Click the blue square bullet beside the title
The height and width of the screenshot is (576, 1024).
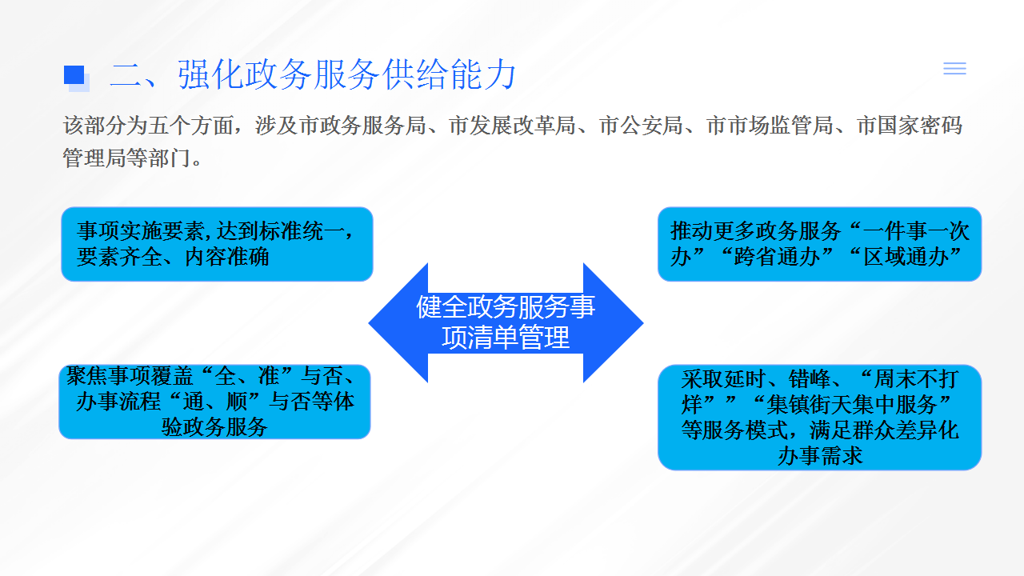pyautogui.click(x=74, y=75)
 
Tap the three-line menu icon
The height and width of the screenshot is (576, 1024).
pyautogui.click(x=954, y=69)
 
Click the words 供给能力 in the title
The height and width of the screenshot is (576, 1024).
pyautogui.click(x=449, y=74)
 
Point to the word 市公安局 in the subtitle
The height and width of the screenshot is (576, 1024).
pyautogui.click(x=641, y=126)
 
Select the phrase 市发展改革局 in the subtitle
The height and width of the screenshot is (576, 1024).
pyautogui.click(x=511, y=126)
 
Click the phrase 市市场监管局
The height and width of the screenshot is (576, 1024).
pyautogui.click(x=769, y=126)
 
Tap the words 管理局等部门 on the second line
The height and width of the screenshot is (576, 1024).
pyautogui.click(x=126, y=158)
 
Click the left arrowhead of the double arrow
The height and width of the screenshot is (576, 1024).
pyautogui.click(x=398, y=322)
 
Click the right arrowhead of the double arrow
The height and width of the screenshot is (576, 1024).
pyautogui.click(x=614, y=322)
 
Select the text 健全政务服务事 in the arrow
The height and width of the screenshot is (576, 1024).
pyautogui.click(x=506, y=306)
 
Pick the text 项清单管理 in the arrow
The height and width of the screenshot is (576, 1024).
pyautogui.click(x=506, y=338)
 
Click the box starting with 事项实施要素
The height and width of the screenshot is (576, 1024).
pyautogui.click(x=217, y=244)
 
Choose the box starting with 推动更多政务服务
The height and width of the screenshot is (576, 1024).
pyautogui.click(x=820, y=244)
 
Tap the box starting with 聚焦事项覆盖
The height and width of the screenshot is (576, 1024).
pyautogui.click(x=215, y=402)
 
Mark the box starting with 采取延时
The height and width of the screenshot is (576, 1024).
pyautogui.click(x=820, y=418)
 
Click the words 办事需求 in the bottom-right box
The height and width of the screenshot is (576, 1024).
pyautogui.click(x=820, y=456)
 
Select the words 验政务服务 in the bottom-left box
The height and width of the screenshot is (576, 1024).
pyautogui.click(x=214, y=427)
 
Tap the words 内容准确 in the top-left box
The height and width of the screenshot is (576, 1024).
pyautogui.click(x=226, y=257)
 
